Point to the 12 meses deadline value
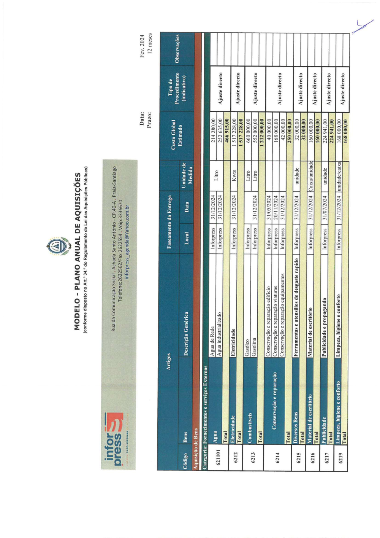click(150, 43)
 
